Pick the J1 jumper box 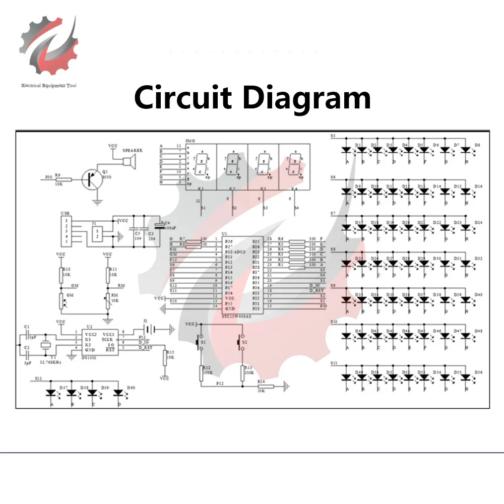(97, 233)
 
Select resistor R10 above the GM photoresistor (60, 275)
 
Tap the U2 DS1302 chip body (99, 343)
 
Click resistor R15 (165, 358)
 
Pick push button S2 (241, 343)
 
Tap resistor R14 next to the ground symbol (266, 387)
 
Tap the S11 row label (334, 363)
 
